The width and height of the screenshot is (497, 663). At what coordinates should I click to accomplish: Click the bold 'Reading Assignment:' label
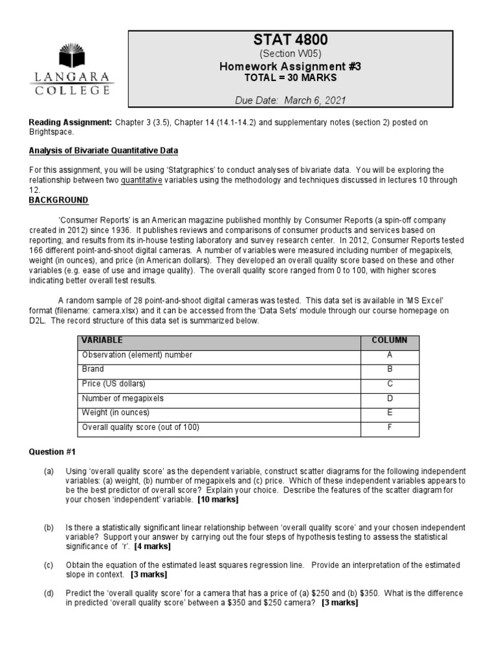(x=71, y=122)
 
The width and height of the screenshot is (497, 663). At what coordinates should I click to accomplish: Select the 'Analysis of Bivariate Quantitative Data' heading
(x=103, y=151)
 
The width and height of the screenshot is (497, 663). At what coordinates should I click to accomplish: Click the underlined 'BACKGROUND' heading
(x=58, y=200)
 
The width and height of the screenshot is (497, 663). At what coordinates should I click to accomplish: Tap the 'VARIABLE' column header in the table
(x=102, y=341)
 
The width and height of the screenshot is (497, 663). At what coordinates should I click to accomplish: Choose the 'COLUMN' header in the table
(x=389, y=341)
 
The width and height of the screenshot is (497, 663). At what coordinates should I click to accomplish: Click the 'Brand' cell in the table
(x=93, y=369)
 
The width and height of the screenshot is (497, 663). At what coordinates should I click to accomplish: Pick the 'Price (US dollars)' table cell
(x=113, y=383)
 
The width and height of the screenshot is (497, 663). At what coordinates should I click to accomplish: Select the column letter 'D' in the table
(x=390, y=398)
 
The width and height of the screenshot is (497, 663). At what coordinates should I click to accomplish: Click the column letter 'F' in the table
(x=390, y=427)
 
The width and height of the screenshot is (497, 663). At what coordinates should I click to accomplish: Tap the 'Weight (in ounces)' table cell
(x=115, y=412)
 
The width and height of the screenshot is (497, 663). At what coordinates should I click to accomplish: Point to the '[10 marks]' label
(x=217, y=500)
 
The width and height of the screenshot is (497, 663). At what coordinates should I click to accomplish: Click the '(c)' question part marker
(x=49, y=565)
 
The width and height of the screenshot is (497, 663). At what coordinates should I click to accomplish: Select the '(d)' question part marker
(x=49, y=593)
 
